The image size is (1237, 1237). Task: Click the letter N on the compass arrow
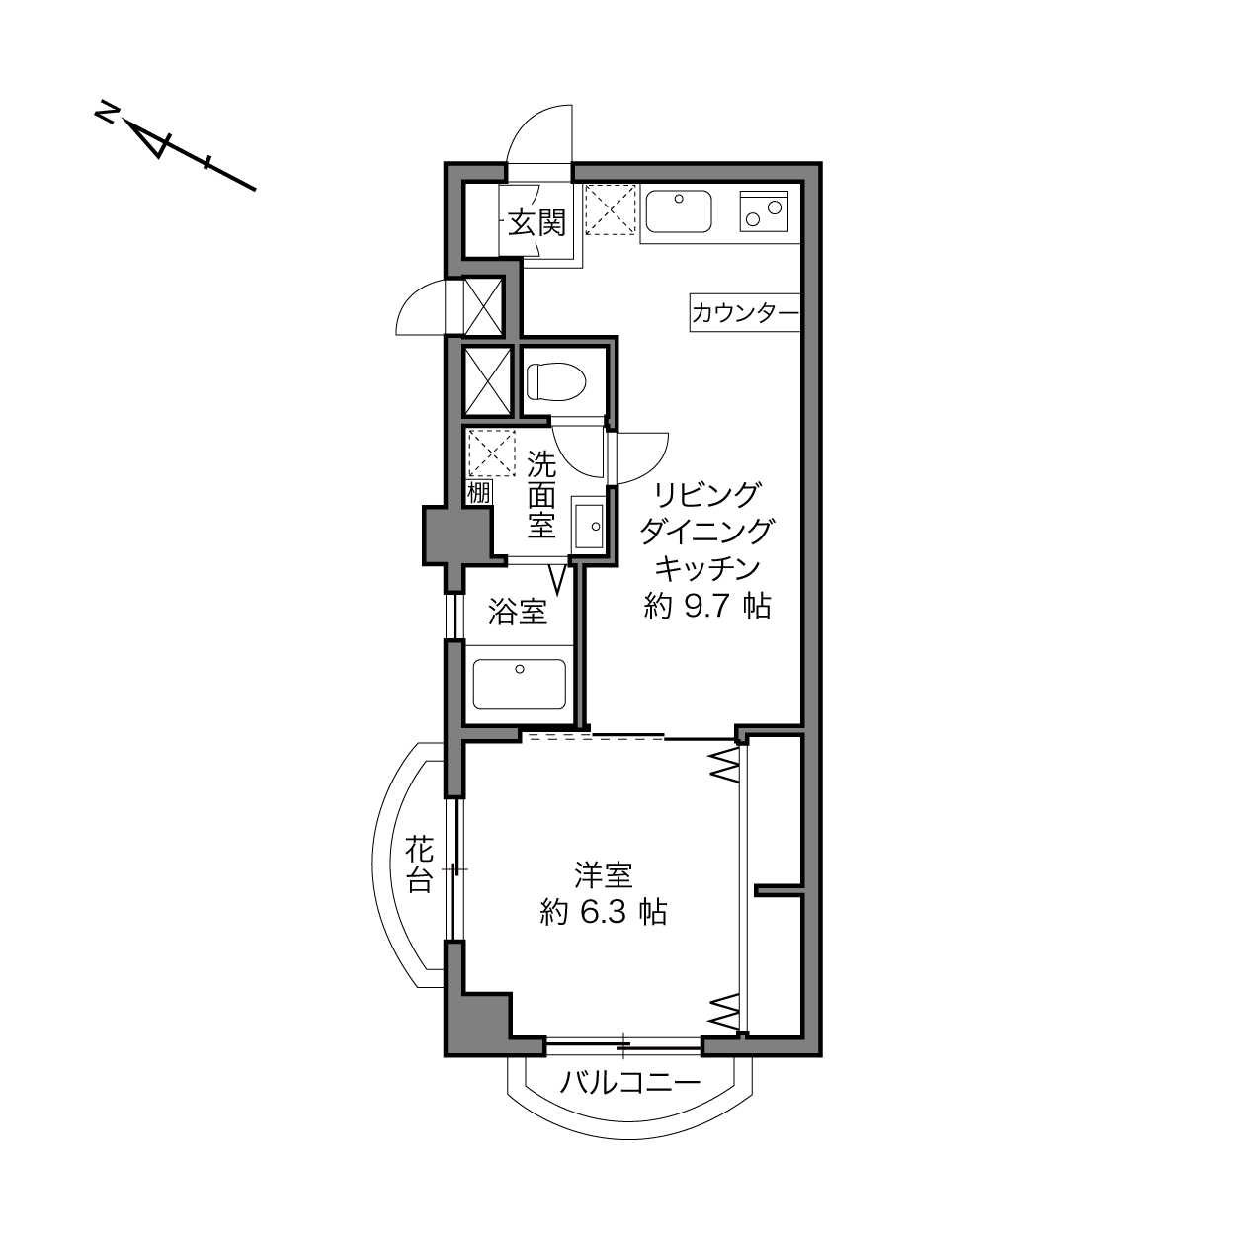tap(106, 114)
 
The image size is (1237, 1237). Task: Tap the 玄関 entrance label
tap(536, 223)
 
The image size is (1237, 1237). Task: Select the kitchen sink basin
tap(679, 211)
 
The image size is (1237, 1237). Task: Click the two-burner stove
tap(764, 211)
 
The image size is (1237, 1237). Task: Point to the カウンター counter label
tap(745, 313)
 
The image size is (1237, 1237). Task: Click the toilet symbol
tap(556, 381)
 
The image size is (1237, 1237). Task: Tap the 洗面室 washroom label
tap(541, 494)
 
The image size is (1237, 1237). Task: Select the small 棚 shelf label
tap(479, 493)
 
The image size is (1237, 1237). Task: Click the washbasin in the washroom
tap(589, 527)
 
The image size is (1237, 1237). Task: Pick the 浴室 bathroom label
tap(518, 612)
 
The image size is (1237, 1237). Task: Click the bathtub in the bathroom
tap(520, 685)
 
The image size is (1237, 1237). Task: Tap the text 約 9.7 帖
tap(707, 606)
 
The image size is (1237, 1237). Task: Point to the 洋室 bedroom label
tap(604, 875)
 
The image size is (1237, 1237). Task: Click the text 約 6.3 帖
tap(604, 912)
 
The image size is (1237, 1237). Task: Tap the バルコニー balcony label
tap(630, 1083)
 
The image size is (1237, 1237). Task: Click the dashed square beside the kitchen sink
tap(611, 209)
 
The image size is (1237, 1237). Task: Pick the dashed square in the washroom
tap(492, 454)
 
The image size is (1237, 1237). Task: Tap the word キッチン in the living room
tap(707, 568)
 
